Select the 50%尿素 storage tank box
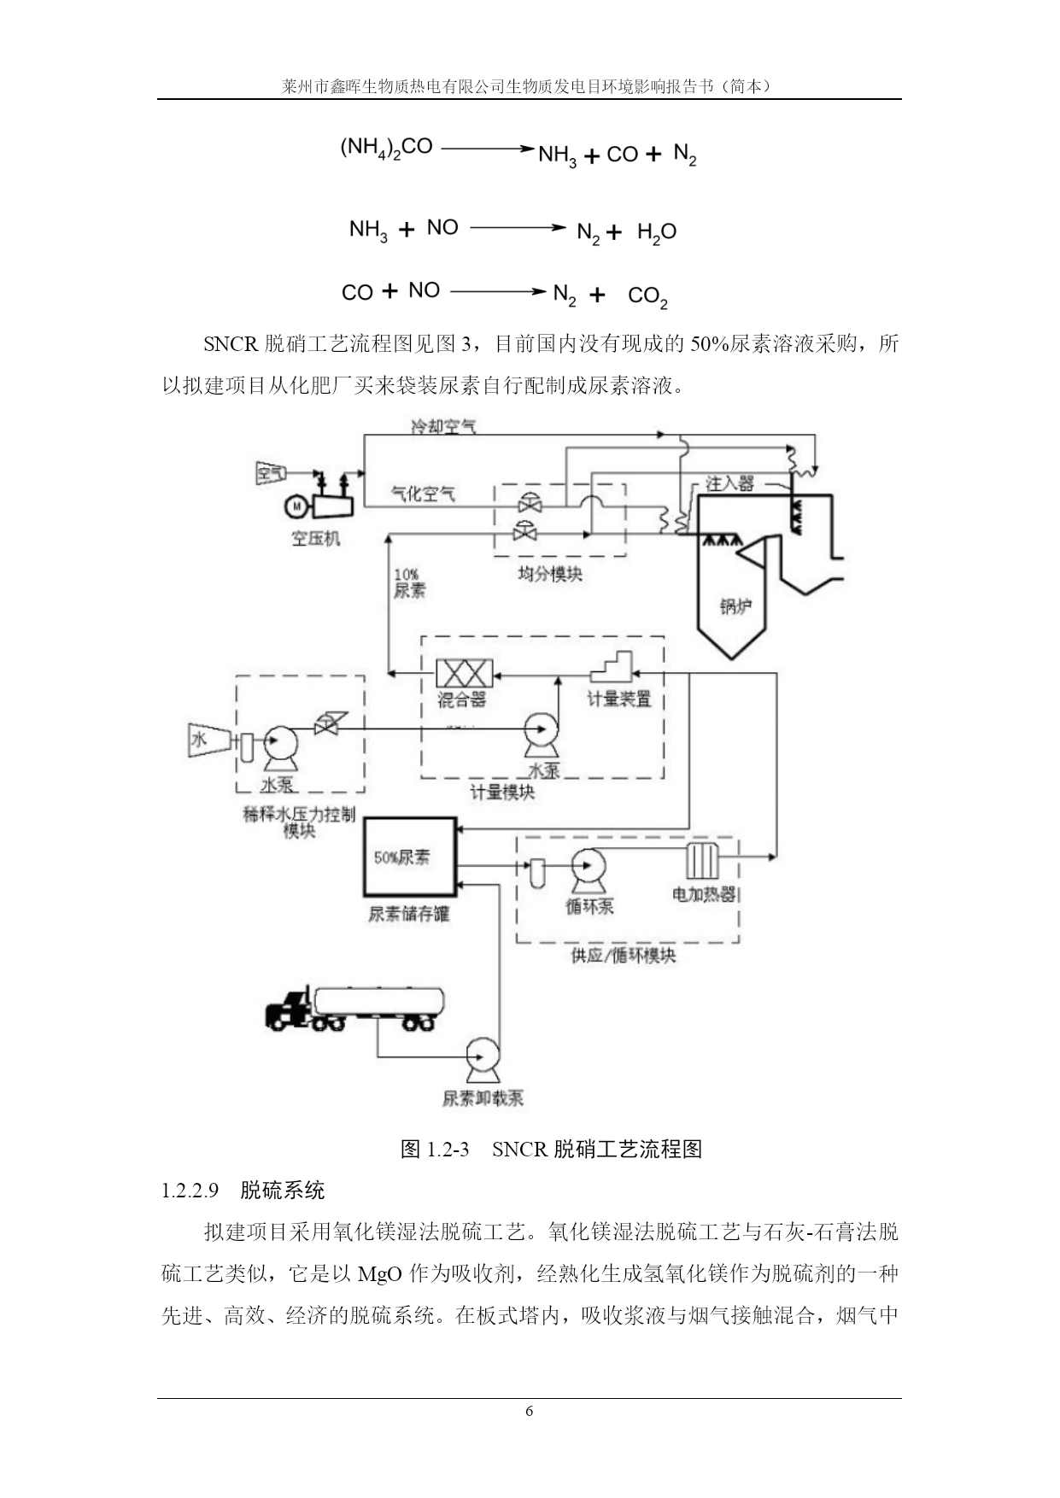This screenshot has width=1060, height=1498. [411, 857]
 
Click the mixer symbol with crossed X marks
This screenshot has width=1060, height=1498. [464, 673]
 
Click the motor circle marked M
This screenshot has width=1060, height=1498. [296, 506]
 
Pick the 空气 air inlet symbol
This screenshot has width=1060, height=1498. [272, 471]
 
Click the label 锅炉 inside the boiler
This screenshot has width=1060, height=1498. [735, 606]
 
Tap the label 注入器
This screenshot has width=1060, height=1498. [729, 483]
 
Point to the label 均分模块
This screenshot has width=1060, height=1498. [550, 574]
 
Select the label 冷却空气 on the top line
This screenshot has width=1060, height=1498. [443, 425]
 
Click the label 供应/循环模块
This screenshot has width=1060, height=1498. [624, 956]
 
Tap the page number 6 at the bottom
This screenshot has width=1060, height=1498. [530, 1411]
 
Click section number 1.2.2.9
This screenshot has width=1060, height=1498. [190, 1190]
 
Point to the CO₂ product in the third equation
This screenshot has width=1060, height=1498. [647, 296]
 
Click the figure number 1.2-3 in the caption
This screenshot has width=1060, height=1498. [448, 1149]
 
